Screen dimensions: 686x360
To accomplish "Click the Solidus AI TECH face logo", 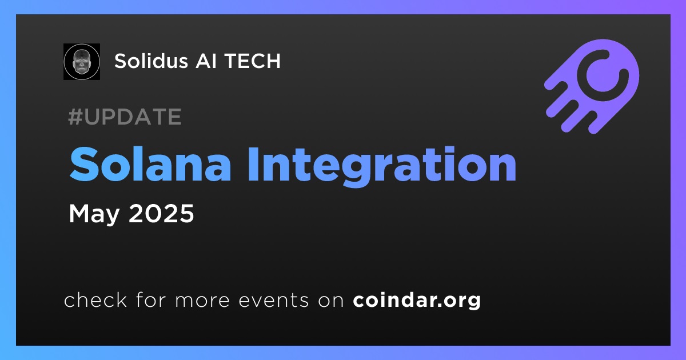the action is tap(82, 62).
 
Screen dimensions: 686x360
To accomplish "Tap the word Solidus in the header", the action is tap(151, 61).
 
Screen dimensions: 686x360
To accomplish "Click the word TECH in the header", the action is tap(252, 61).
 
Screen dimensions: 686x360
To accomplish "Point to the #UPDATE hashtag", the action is tap(125, 117).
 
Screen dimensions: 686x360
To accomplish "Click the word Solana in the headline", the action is tap(150, 165).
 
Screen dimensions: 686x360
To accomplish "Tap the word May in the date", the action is tap(94, 214).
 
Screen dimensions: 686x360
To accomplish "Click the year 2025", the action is tap(161, 213).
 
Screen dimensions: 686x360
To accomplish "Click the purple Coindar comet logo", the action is tap(592, 86).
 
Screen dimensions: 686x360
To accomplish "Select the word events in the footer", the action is tap(273, 301).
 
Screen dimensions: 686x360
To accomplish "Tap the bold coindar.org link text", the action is tap(417, 301).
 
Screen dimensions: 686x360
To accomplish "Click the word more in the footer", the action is tap(202, 301).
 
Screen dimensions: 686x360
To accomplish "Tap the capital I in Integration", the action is tap(253, 165).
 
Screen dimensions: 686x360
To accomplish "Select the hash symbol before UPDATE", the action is tap(75, 117).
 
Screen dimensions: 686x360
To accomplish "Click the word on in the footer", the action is tap(331, 301).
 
